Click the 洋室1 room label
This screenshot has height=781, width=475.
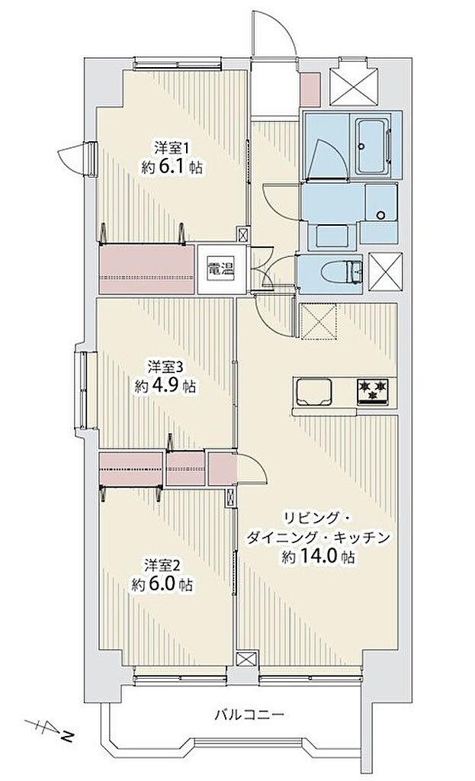(172, 147)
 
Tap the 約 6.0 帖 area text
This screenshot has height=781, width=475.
(162, 583)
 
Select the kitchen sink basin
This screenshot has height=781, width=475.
(313, 392)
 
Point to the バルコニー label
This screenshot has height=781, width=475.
(249, 715)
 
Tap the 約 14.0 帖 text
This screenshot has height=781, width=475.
(316, 556)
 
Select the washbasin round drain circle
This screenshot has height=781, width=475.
(381, 215)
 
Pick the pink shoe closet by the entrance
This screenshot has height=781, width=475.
(310, 90)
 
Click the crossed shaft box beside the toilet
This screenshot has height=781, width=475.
(385, 271)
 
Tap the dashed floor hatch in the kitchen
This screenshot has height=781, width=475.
(319, 321)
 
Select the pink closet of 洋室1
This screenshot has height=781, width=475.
(147, 268)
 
